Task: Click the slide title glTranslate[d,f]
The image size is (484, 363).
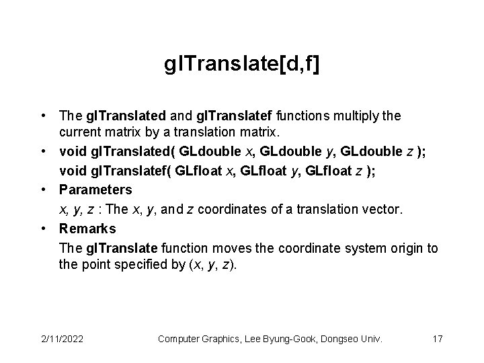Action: coord(242,65)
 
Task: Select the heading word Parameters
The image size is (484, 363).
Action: coord(95,190)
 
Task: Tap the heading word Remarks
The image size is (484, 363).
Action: coord(87,229)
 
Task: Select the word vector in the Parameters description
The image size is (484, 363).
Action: coord(384,210)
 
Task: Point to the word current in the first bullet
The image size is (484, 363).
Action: coord(80,130)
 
